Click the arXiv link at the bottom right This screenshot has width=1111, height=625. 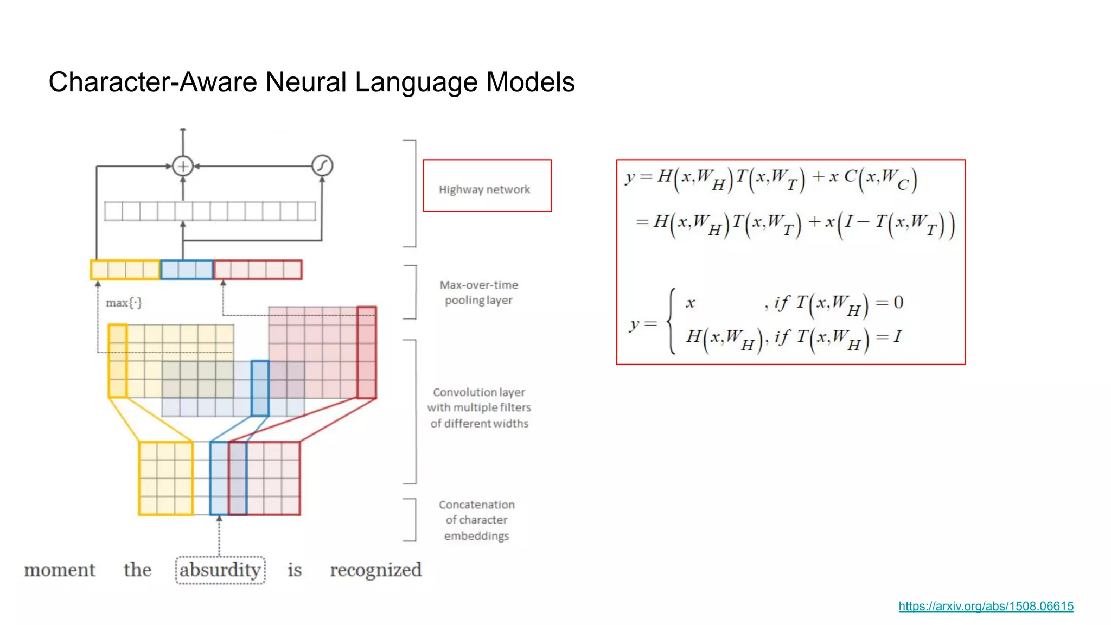[x=986, y=606]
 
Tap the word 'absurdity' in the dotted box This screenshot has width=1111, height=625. [x=220, y=570]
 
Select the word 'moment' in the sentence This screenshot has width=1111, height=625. [x=60, y=570]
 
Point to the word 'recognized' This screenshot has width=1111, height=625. [x=375, y=570]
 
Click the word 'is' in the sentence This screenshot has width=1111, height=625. [x=295, y=570]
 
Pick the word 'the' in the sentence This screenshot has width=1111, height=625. [x=137, y=570]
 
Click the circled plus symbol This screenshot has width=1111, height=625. [x=183, y=166]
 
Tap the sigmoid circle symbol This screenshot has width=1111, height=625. [x=322, y=165]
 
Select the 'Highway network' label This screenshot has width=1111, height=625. [x=484, y=189]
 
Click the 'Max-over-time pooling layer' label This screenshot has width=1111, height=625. [x=478, y=292]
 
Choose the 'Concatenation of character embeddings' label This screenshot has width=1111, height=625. [x=477, y=520]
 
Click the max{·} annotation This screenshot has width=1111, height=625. [x=124, y=303]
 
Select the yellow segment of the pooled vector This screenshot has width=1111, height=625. [x=125, y=270]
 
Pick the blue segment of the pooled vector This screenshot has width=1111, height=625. [x=187, y=270]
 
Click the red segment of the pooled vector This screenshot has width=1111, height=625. [x=258, y=270]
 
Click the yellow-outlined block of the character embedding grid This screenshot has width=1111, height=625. [x=166, y=478]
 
